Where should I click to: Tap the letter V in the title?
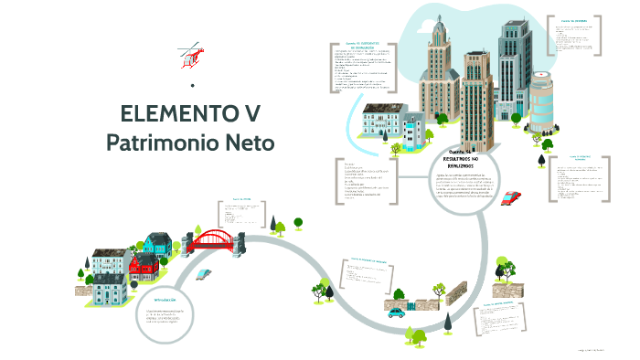(x=251, y=114)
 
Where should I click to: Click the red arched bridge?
(x=213, y=239)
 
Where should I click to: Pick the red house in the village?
(x=144, y=268)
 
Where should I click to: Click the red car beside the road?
(x=512, y=196)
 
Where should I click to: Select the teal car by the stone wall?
(x=396, y=313)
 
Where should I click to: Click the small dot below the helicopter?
(x=192, y=87)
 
